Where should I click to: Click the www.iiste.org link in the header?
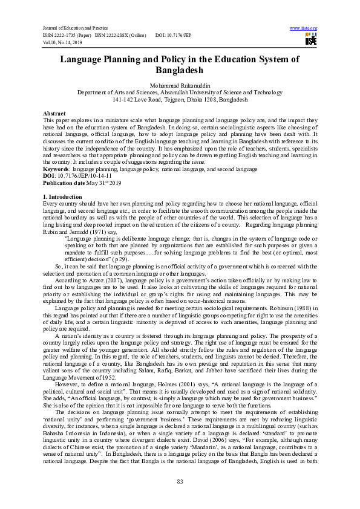point(304,28)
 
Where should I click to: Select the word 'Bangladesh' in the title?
point(180,70)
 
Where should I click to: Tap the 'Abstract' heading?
point(54,114)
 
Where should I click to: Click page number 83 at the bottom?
point(180,480)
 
